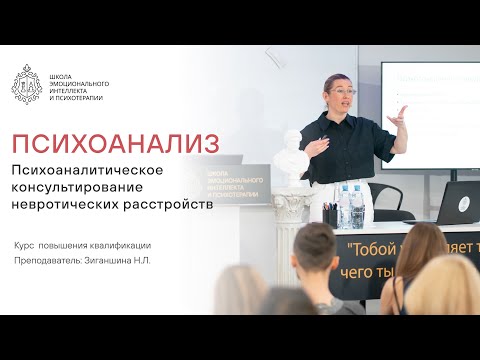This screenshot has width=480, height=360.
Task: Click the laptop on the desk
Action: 455,201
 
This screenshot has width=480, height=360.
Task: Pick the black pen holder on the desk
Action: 329,214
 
